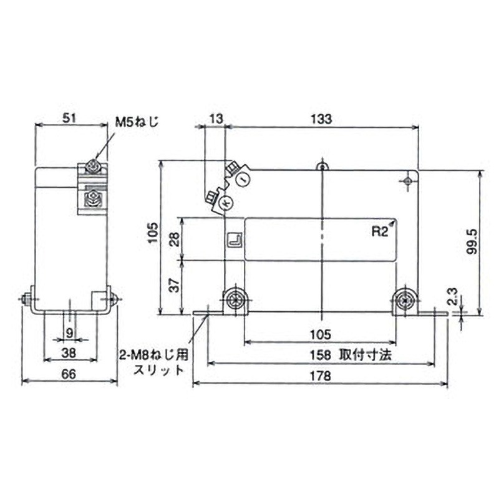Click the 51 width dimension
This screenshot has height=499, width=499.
[69, 119]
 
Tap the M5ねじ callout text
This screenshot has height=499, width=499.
[137, 122]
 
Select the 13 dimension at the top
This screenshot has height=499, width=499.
[216, 119]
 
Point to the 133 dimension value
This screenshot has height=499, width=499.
[321, 119]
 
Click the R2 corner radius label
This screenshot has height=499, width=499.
[380, 231]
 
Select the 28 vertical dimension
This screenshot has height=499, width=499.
[175, 239]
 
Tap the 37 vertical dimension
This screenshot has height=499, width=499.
[175, 286]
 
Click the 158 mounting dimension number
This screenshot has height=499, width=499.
[321, 355]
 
